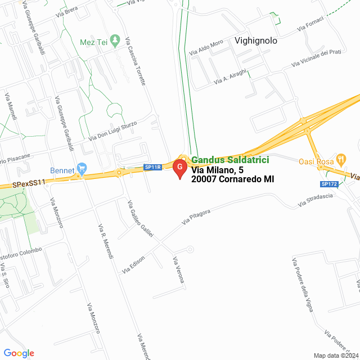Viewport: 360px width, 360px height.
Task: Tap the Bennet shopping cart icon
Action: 82,167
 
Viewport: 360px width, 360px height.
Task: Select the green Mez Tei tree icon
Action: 116,40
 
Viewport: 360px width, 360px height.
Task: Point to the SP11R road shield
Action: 152,167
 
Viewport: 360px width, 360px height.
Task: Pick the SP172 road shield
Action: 328,184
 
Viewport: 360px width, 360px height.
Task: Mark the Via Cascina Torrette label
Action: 136,62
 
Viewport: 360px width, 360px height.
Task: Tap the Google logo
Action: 19,353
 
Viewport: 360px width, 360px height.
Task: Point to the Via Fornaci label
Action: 310,24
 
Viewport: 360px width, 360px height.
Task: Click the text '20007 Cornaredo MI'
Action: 232,179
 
